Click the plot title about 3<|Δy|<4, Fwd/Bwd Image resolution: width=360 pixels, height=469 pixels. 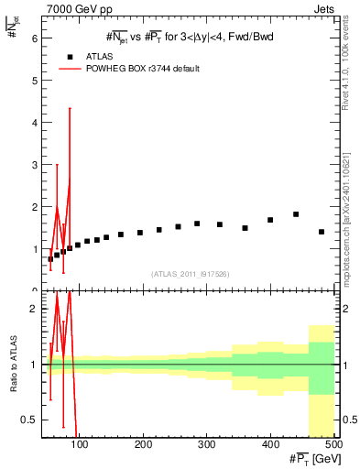190,37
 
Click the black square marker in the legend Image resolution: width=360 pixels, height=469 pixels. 70,56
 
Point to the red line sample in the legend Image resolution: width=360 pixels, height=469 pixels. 70,69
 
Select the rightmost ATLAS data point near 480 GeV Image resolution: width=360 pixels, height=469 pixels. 322,232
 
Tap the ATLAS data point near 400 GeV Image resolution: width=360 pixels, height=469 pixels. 270,220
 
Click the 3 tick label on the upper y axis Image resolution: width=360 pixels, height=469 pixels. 33,165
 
